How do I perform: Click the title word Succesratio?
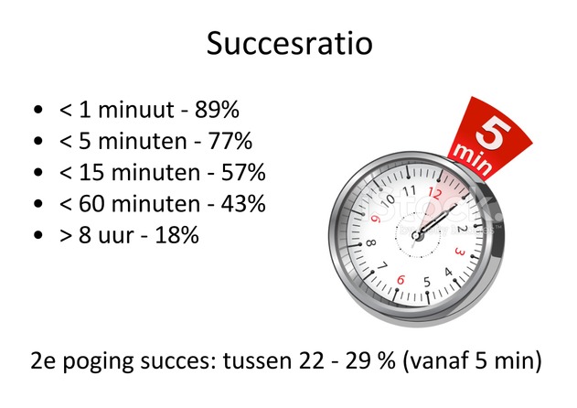point(289,43)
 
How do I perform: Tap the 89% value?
point(217,110)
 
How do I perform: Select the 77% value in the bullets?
point(230,141)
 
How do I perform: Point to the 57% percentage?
point(243,172)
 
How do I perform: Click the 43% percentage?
point(243,204)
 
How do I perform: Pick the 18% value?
point(177,235)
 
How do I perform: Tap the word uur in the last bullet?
point(115,237)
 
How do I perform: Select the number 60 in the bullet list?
point(91,204)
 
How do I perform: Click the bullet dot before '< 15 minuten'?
point(37,172)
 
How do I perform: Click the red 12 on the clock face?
point(434,193)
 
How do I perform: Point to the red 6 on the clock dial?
point(401,280)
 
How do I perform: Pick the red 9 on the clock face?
point(376,220)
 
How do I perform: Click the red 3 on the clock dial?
point(460,252)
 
